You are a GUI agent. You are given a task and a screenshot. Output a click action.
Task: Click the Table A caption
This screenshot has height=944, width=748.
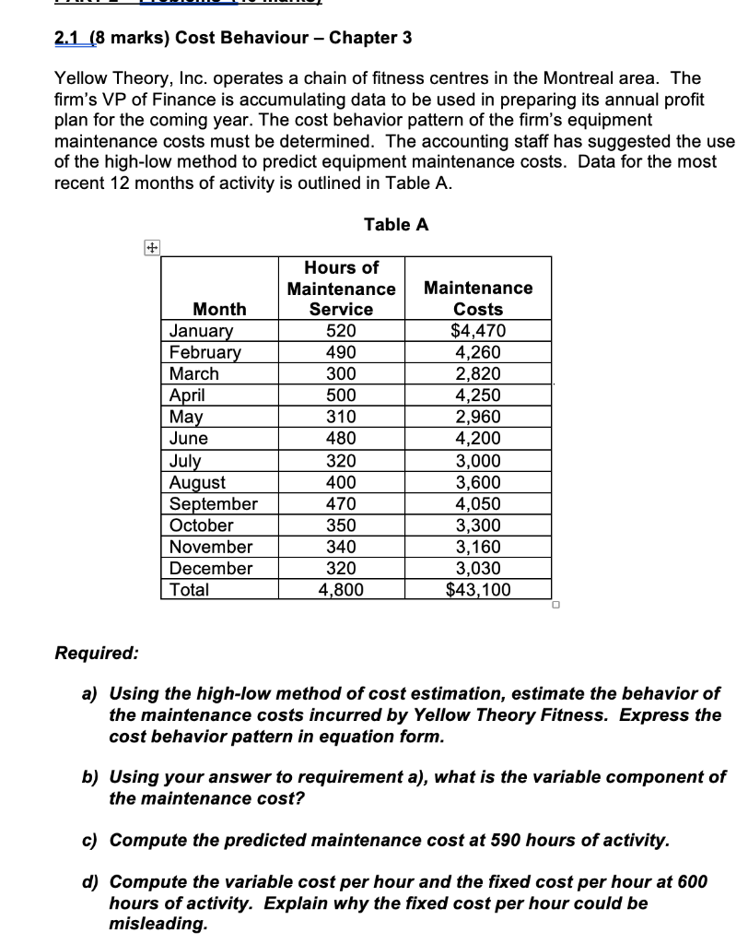coord(395,224)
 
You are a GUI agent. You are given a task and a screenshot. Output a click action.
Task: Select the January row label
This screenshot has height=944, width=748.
coord(202,331)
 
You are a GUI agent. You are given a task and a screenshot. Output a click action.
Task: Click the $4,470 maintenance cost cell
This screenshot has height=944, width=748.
coord(479,331)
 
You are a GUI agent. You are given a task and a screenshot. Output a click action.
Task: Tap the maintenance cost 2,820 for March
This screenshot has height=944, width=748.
coord(479,373)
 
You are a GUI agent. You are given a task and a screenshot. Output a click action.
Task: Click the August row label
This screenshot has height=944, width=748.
coord(198,482)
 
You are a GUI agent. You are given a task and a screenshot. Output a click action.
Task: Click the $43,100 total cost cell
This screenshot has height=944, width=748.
coord(479,590)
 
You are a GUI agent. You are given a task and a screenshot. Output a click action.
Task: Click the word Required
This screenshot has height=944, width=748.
coord(97,653)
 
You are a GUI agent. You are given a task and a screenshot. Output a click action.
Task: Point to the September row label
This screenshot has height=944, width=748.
coord(214,503)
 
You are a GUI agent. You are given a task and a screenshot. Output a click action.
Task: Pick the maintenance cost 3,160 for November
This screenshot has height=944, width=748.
coord(479,547)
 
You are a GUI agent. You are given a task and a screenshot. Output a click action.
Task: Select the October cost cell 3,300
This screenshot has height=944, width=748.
coord(479,525)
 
